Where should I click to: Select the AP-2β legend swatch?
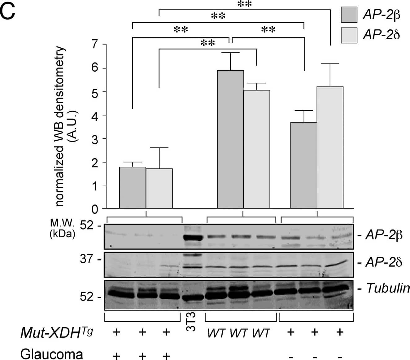[349, 15]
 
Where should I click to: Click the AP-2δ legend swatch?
[349, 35]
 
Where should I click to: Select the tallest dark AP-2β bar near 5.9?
[230, 139]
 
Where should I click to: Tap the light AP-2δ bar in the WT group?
[256, 149]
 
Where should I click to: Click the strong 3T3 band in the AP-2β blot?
[193, 238]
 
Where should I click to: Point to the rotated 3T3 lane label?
[192, 322]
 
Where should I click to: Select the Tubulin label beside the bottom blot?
[387, 288]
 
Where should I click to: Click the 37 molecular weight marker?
[90, 258]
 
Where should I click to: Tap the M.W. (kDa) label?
[62, 228]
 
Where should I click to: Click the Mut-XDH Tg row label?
[57, 333]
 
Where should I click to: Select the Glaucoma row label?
[52, 354]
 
